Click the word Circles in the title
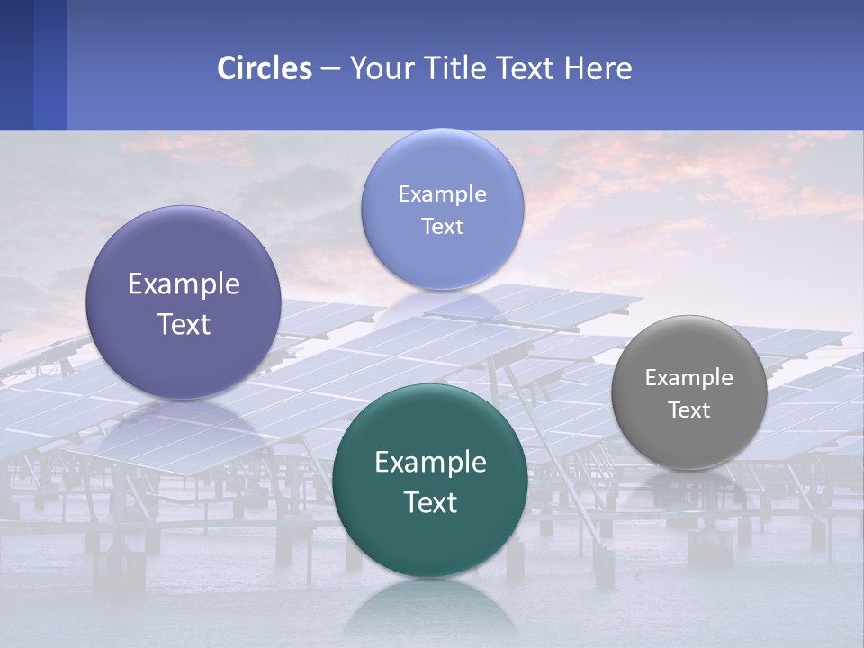[265, 68]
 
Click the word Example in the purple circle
[184, 284]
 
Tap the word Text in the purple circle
[184, 325]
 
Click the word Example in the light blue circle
[442, 194]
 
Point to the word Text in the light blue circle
[442, 227]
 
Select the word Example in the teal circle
[430, 463]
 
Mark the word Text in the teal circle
[430, 503]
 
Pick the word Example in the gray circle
[688, 378]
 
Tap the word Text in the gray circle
[688, 410]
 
